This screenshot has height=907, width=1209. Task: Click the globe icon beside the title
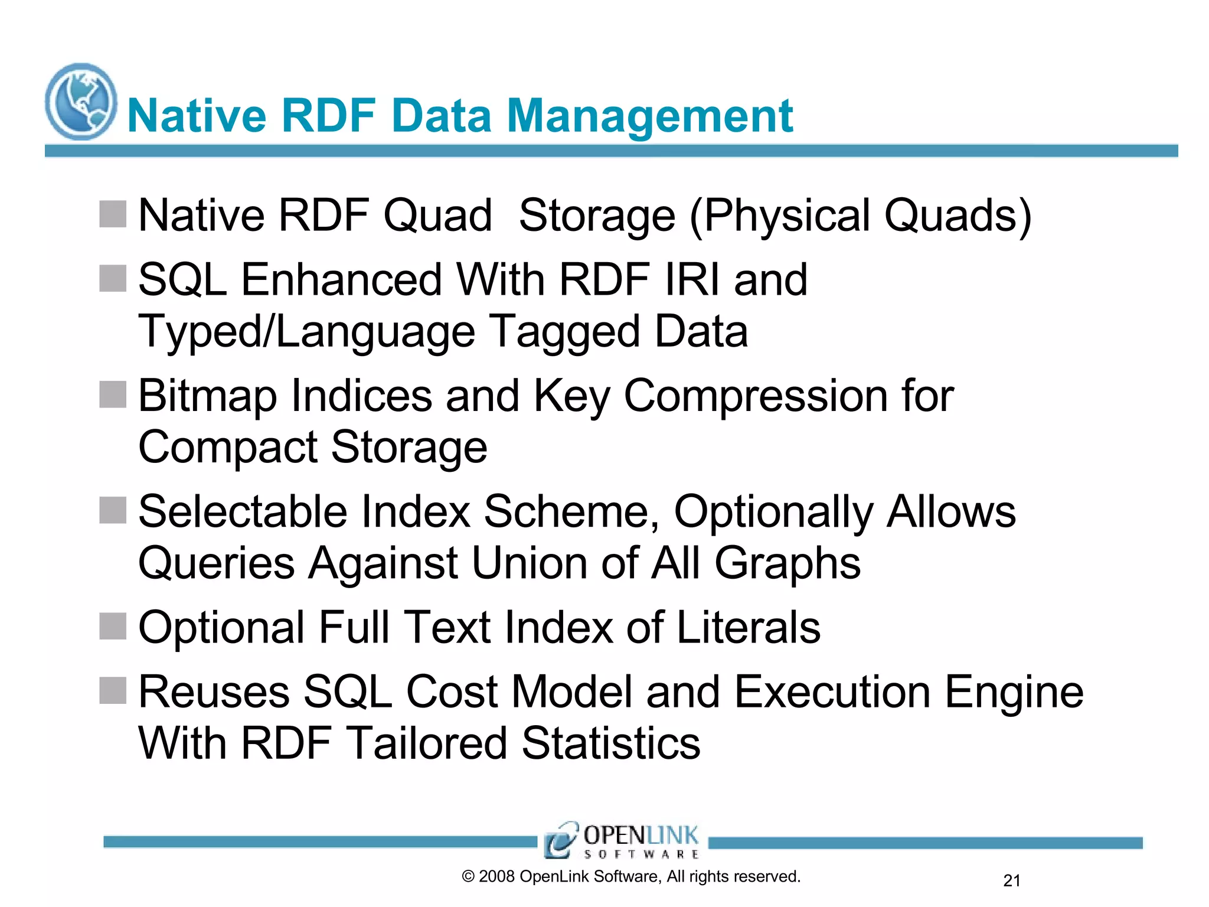(x=81, y=102)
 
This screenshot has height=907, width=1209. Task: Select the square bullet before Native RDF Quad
(x=113, y=214)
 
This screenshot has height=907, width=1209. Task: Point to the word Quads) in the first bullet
(x=958, y=216)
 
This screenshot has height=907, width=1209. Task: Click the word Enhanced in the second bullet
(x=341, y=279)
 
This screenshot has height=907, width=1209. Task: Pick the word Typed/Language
(x=306, y=332)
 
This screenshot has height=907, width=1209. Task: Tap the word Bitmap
(x=207, y=396)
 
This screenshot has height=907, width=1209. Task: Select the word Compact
(x=228, y=447)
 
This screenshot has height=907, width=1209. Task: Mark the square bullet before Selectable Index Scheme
(x=113, y=510)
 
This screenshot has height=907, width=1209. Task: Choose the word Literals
(x=748, y=628)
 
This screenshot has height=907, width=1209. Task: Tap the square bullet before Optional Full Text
(x=113, y=626)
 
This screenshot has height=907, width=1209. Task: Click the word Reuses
(x=214, y=692)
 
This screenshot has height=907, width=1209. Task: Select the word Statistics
(x=611, y=743)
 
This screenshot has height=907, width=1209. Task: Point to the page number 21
(x=1011, y=880)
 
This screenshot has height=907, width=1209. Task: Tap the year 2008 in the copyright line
(x=496, y=877)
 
